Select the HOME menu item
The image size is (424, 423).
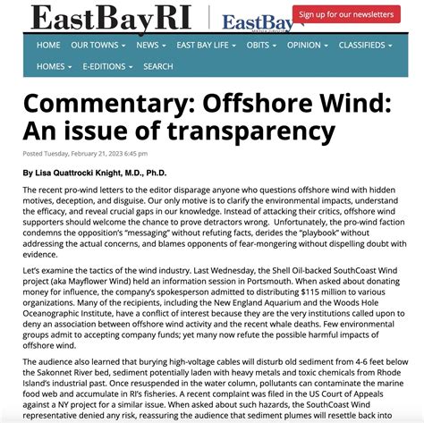tap(49, 45)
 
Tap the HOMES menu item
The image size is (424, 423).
tap(54, 66)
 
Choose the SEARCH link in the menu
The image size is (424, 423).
tap(158, 66)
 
